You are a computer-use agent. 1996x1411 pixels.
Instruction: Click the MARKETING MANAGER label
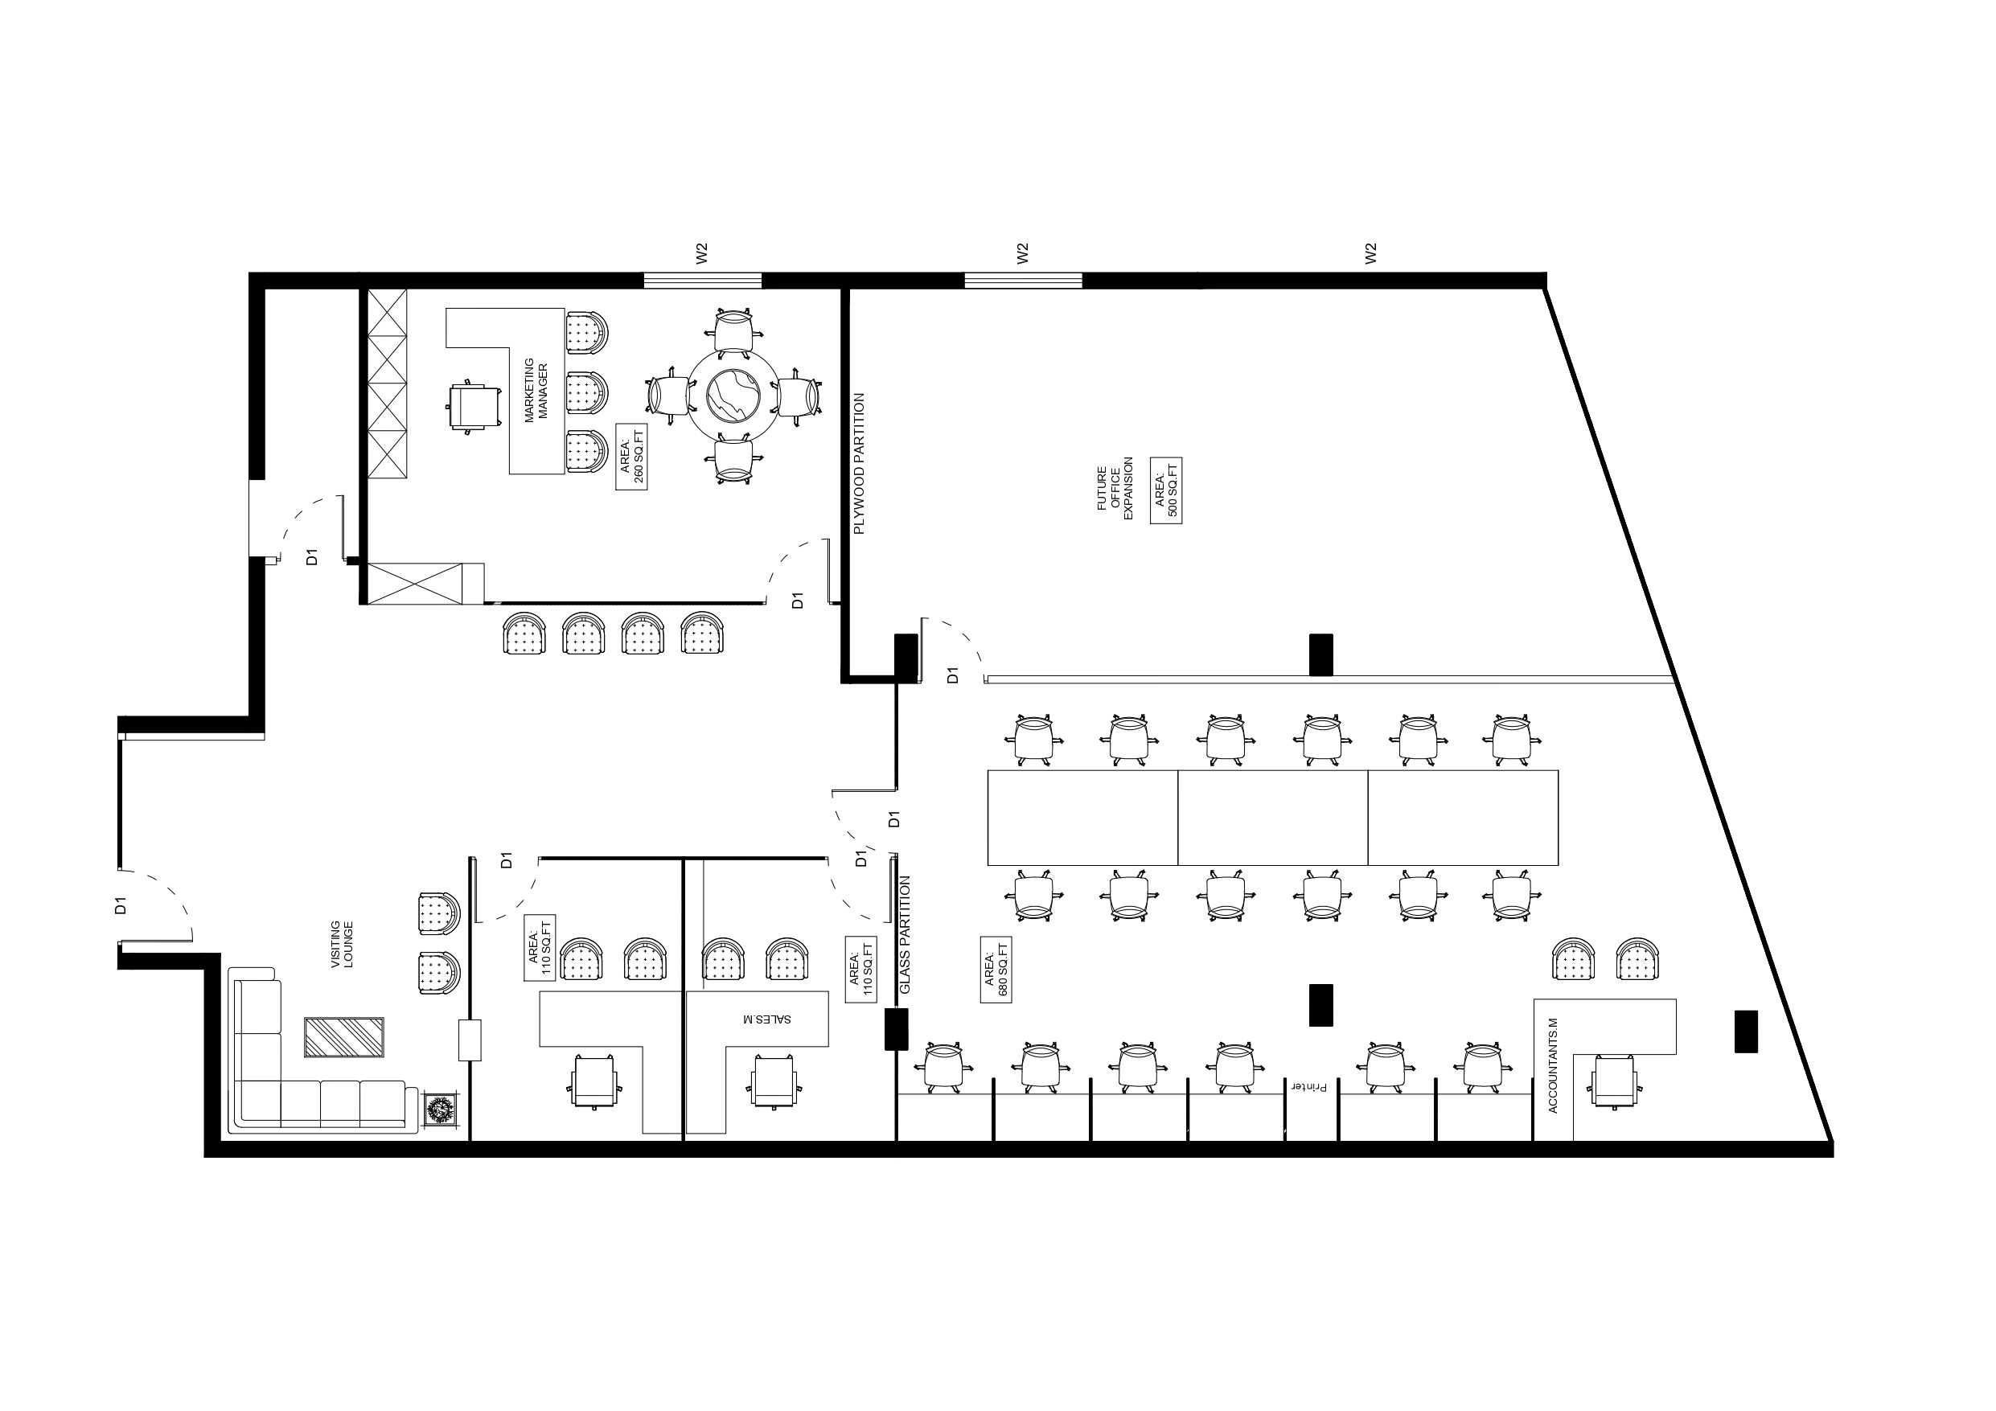536,391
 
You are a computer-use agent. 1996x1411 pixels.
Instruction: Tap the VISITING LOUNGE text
342,945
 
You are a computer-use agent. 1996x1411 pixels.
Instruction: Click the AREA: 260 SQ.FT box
631,457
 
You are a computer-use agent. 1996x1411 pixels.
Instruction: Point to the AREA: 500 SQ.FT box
1166,490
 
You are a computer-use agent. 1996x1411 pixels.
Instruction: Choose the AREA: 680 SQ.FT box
996,970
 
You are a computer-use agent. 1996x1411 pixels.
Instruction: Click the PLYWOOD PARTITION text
859,463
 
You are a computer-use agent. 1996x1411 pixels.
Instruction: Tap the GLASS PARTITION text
905,934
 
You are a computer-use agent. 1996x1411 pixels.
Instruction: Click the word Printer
1310,1088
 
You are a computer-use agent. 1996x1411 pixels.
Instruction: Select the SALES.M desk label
766,1018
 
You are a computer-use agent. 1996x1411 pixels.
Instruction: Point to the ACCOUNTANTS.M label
1554,1065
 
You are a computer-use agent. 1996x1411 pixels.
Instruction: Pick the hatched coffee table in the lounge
343,1037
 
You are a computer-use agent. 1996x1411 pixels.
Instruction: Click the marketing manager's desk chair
474,405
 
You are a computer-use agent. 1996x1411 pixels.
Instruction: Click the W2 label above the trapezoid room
1371,253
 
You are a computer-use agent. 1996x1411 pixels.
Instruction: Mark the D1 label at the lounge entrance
121,905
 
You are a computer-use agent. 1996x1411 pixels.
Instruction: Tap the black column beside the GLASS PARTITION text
897,1028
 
